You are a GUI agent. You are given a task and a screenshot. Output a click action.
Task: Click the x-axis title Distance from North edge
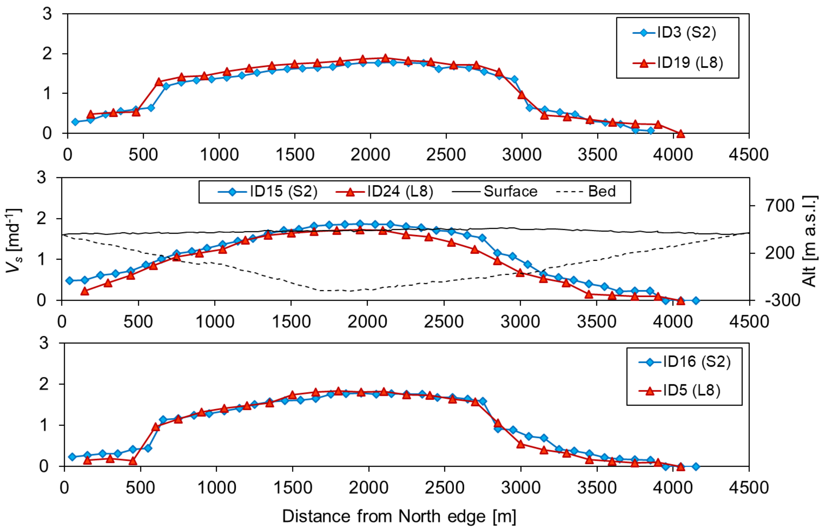(399, 516)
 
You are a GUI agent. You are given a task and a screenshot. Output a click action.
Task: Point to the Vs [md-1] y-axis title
(14, 240)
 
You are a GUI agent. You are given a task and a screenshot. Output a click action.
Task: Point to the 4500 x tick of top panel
(749, 155)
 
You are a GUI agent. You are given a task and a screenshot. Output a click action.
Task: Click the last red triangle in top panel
(680, 134)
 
